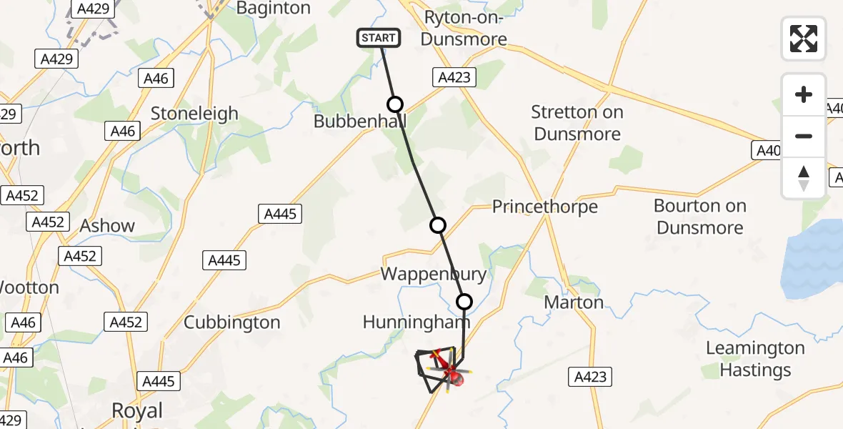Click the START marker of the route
379,38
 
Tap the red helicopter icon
452,373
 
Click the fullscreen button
804,39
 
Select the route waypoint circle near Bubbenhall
394,104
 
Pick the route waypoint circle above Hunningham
464,302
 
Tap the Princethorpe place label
544,207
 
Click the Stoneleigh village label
194,114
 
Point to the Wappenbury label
433,274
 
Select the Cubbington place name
232,322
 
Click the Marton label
574,302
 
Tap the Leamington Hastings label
755,359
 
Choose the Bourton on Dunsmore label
700,217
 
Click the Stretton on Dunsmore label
577,123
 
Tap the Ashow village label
107,226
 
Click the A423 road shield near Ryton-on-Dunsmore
454,77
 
